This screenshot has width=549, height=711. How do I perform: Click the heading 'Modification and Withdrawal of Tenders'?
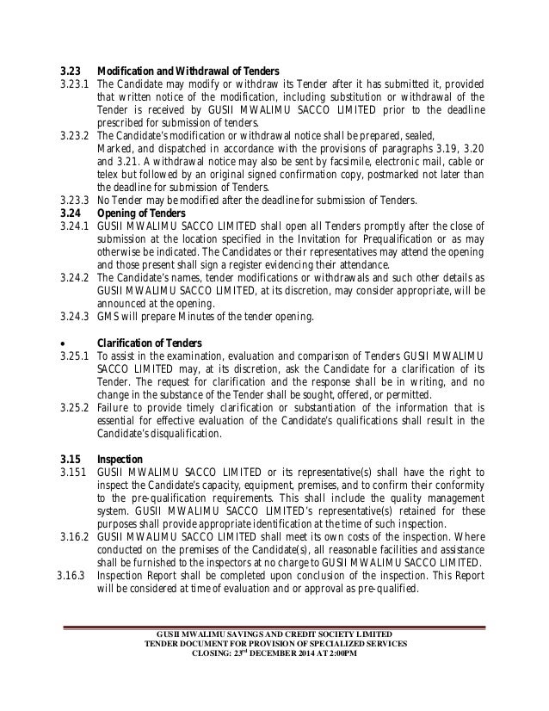point(194,70)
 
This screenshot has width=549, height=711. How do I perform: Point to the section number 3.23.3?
point(73,201)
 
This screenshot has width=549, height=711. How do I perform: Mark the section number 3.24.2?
point(73,278)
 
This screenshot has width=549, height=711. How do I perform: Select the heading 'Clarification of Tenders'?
point(148,343)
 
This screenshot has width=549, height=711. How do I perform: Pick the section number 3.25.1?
point(73,356)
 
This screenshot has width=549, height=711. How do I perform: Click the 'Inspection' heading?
point(118,460)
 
